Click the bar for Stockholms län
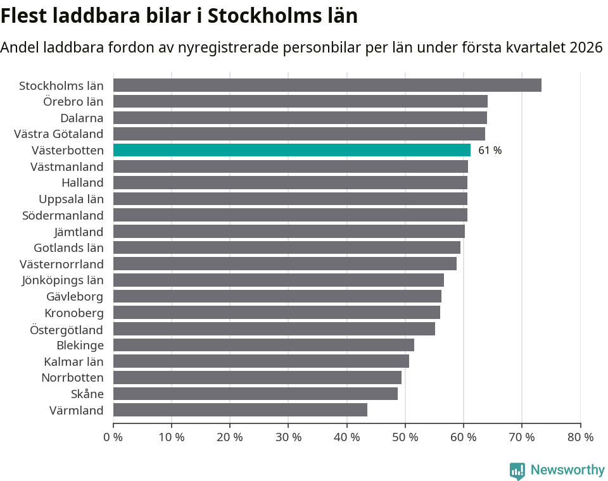click(x=327, y=85)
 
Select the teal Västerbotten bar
click(x=291, y=150)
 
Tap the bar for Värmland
click(x=240, y=409)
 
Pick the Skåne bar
click(x=255, y=394)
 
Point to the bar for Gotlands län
click(x=286, y=247)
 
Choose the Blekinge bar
click(x=263, y=345)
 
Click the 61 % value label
click(x=490, y=151)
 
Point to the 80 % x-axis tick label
click(x=580, y=437)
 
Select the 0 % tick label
click(x=113, y=437)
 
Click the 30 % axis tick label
click(x=288, y=437)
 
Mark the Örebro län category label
click(x=73, y=101)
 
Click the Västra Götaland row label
click(x=59, y=134)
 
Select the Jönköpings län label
click(x=63, y=280)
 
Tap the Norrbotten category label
click(x=72, y=377)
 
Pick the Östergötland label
click(x=66, y=329)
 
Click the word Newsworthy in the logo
click(x=567, y=470)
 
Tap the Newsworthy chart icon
click(x=517, y=470)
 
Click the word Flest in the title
click(x=24, y=16)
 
